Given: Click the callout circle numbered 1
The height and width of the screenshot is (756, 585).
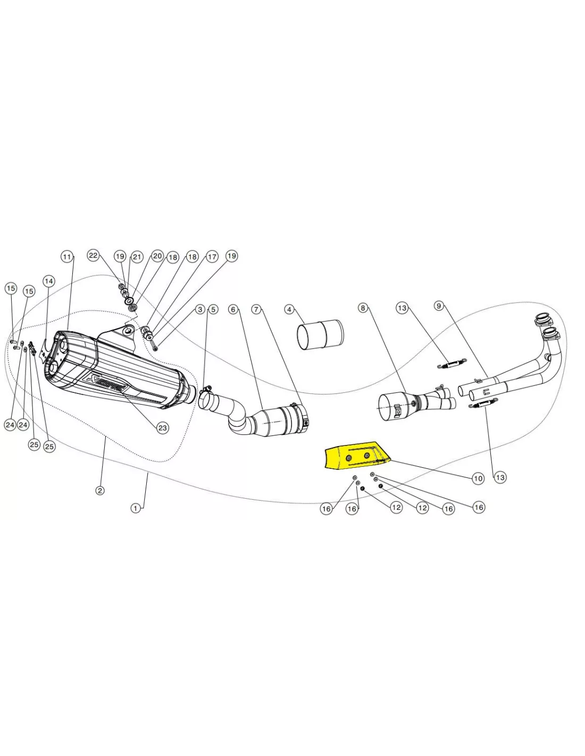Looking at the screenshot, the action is click(x=136, y=508).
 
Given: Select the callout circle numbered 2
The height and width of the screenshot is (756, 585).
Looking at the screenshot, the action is click(x=100, y=491).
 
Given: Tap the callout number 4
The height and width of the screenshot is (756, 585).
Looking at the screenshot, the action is click(x=289, y=309).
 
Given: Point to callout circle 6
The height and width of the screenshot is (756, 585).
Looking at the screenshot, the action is click(x=233, y=309).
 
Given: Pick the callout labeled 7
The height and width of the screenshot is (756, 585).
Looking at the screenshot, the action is click(x=256, y=309).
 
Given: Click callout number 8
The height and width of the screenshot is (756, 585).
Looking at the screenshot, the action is click(x=363, y=308).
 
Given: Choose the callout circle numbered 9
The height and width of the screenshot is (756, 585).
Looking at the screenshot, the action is click(x=439, y=306).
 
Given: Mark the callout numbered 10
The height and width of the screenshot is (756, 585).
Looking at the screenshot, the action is click(x=478, y=478).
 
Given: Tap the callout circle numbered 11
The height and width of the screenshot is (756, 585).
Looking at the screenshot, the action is click(x=67, y=257).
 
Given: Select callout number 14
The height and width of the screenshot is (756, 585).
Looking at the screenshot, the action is click(x=49, y=281).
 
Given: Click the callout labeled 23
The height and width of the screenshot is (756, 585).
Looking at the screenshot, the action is click(x=163, y=427).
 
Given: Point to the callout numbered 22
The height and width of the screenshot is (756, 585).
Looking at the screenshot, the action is click(x=93, y=256).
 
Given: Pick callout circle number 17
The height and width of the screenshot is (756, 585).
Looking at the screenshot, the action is click(x=212, y=257).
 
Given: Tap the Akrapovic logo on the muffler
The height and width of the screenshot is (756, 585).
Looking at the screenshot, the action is click(x=107, y=384).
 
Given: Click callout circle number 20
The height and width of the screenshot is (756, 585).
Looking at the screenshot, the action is click(x=157, y=256).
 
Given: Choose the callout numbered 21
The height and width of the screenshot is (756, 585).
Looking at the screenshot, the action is click(x=137, y=257).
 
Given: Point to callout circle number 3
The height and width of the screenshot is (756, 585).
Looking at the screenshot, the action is click(x=200, y=309).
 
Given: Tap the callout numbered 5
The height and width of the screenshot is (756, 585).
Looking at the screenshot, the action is click(x=213, y=309).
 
